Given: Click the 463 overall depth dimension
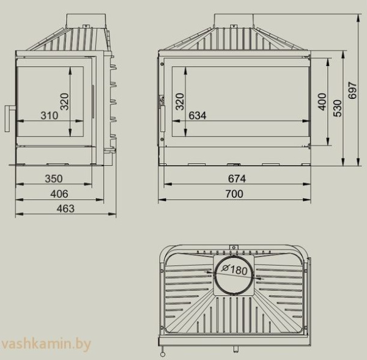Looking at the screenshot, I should pyautogui.click(x=65, y=208).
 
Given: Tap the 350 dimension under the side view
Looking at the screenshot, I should pyautogui.click(x=54, y=179).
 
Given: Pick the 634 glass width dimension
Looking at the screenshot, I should pyautogui.click(x=198, y=116).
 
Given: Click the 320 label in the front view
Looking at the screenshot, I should pyautogui.click(x=179, y=101).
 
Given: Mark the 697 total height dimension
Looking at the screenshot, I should pyautogui.click(x=350, y=92).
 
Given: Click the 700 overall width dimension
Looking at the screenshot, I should pyautogui.click(x=234, y=194).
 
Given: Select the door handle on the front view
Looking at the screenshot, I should pyautogui.click(x=163, y=116).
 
